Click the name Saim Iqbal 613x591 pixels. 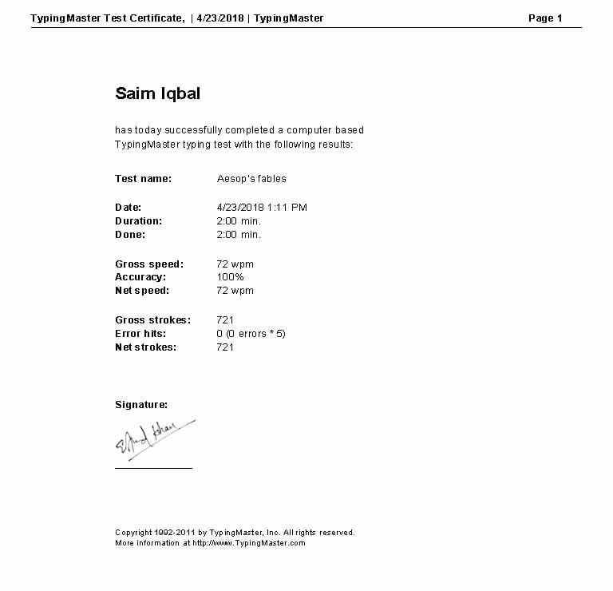click(157, 93)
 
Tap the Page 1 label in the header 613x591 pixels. click(545, 18)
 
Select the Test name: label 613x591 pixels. click(143, 179)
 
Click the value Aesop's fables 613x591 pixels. click(251, 179)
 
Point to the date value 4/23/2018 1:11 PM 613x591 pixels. click(262, 208)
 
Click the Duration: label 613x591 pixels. click(138, 221)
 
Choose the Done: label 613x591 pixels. click(130, 235)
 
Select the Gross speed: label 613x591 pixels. click(149, 264)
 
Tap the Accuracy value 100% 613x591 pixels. click(230, 277)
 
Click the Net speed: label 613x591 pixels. click(142, 291)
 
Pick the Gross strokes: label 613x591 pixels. click(152, 320)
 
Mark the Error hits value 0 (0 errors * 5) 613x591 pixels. click(251, 334)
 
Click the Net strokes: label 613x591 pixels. click(145, 347)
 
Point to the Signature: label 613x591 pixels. click(141, 405)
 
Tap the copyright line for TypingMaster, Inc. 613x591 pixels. click(235, 533)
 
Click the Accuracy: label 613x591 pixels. click(140, 277)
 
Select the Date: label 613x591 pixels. click(128, 208)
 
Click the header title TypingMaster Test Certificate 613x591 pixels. click(107, 18)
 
